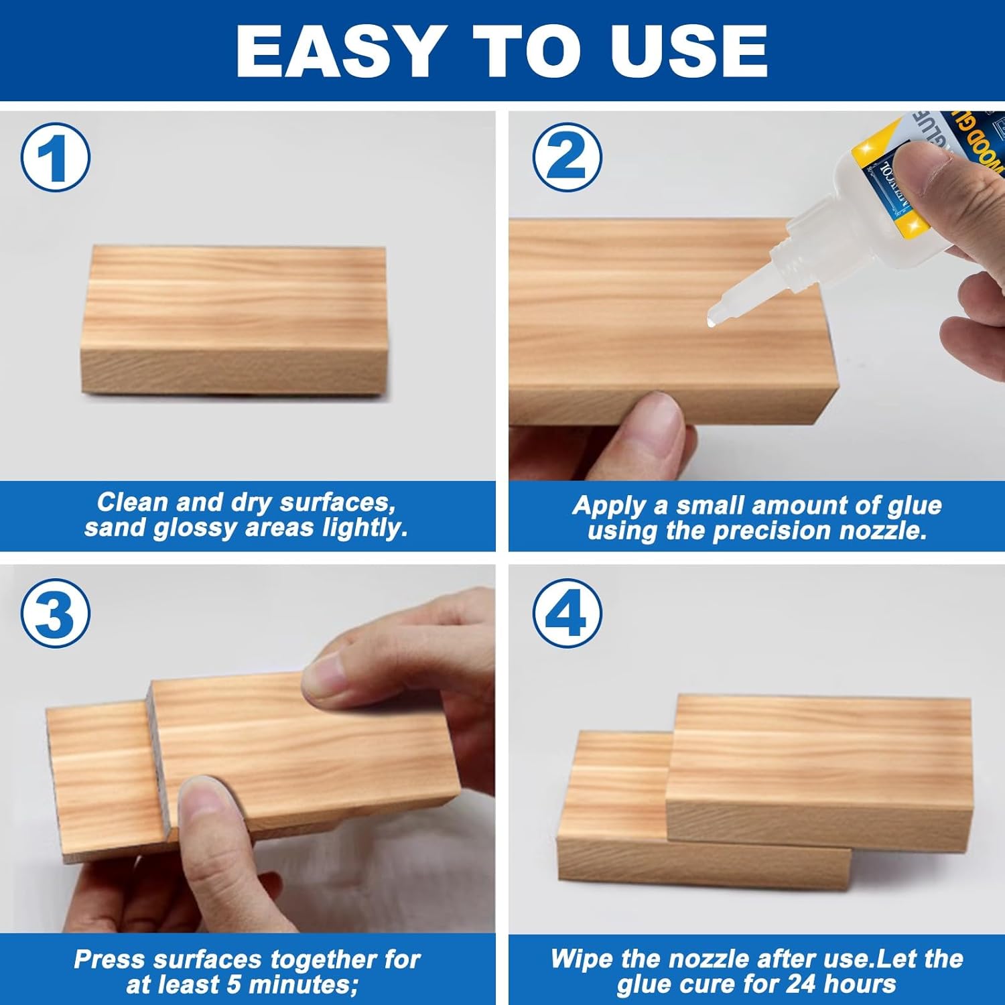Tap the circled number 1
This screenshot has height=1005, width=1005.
(55, 158)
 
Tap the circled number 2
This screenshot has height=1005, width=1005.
(567, 157)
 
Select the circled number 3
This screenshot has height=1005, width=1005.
(55, 614)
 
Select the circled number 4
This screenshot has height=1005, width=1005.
(567, 614)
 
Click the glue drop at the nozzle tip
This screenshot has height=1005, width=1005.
(711, 322)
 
